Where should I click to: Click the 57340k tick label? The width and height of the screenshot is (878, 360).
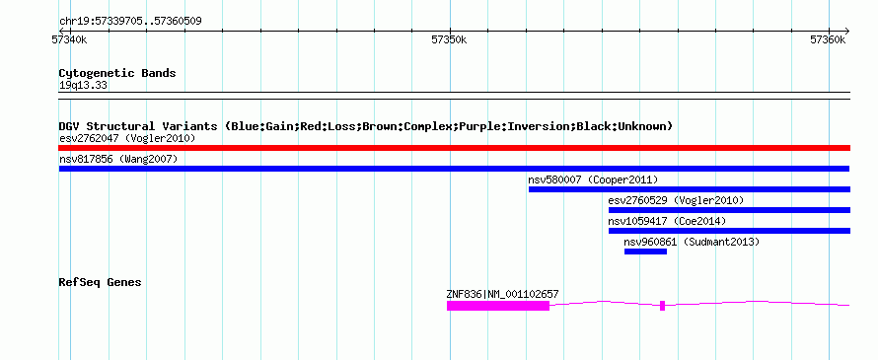coord(69,39)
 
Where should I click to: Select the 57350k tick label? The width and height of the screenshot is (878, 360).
coord(449,39)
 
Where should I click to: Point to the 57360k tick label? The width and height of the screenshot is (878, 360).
coord(828,39)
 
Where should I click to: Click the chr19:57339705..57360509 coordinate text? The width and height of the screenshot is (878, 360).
coord(130,22)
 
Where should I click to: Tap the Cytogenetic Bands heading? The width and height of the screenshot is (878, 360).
coord(117,73)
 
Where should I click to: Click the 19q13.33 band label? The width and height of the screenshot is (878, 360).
coord(83,86)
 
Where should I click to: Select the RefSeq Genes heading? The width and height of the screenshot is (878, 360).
coord(100,282)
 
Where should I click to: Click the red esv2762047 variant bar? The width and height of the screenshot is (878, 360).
coord(454,148)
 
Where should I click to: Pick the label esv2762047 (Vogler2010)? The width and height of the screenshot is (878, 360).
coord(127,138)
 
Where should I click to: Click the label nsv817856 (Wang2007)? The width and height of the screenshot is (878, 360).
coord(118,159)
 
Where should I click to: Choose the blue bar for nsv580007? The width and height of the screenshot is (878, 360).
coord(690,189)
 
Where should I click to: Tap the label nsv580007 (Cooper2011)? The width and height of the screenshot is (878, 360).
coord(593,180)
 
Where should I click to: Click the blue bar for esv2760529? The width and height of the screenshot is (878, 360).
coord(729,210)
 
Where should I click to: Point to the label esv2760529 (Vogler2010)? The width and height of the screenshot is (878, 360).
coord(676,200)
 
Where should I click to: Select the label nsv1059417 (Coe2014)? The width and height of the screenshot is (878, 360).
coord(667,221)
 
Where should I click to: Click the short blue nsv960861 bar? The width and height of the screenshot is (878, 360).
coord(645,252)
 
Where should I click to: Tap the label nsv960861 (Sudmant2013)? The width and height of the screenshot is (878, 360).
coord(692,242)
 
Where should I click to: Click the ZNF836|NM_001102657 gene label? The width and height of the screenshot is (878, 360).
coord(502,294)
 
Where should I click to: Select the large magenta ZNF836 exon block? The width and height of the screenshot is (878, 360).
coord(498,306)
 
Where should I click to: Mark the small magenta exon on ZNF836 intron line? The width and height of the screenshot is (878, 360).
coord(662,306)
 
